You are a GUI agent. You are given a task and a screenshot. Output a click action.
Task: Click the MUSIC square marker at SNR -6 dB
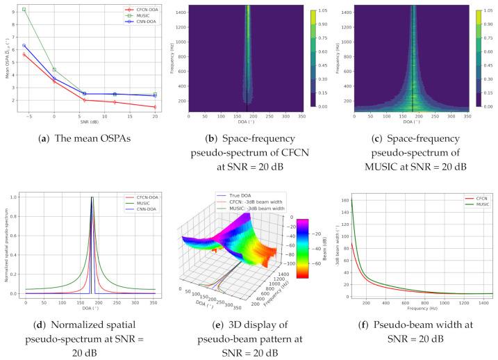point(24,10)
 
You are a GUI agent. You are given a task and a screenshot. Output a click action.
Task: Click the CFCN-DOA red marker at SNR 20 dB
point(154,107)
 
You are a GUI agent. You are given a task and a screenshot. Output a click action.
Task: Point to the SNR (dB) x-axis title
point(89,124)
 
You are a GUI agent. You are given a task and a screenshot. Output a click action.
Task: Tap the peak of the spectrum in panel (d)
point(91,198)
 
